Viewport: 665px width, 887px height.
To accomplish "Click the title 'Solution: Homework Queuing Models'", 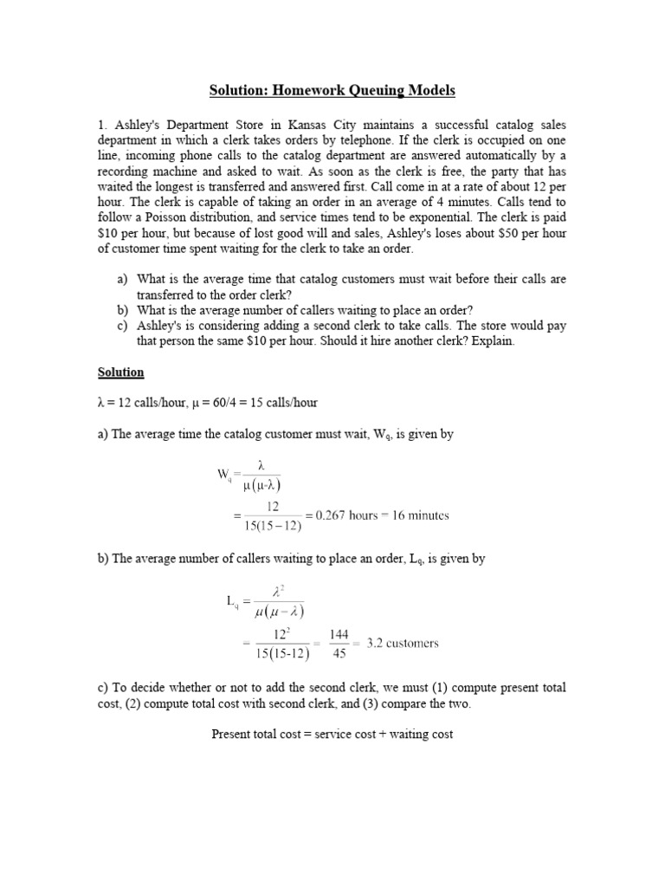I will (x=332, y=90).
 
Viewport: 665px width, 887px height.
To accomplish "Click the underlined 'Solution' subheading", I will (x=120, y=372).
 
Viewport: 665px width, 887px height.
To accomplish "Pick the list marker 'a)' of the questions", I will (x=121, y=280).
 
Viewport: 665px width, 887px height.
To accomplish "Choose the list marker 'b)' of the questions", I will (x=121, y=310).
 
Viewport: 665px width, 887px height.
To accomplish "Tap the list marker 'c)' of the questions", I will (x=121, y=326).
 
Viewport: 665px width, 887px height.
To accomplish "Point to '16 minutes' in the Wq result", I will (x=420, y=515).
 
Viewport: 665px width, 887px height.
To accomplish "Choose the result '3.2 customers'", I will (x=403, y=644).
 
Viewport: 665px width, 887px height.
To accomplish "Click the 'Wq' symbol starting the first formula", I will (x=224, y=475).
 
